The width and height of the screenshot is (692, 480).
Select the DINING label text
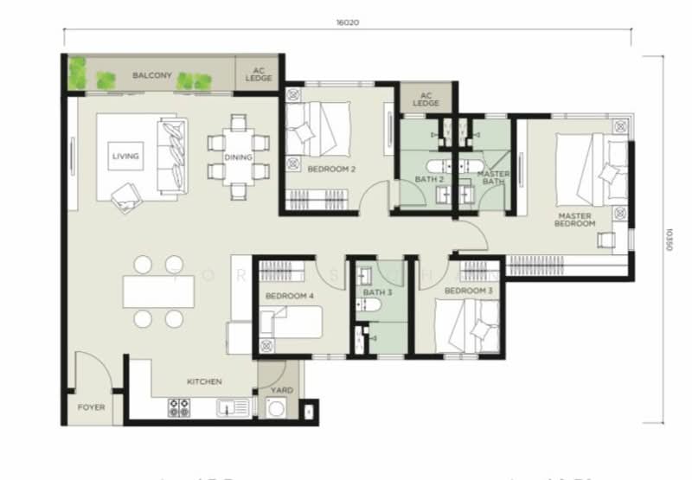tap(238, 157)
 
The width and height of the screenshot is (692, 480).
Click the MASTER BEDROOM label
tap(576, 220)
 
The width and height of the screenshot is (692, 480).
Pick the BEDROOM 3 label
tap(469, 291)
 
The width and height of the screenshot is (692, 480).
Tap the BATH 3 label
tap(377, 292)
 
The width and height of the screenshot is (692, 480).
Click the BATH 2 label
tap(429, 179)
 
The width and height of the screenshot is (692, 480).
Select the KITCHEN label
tap(205, 381)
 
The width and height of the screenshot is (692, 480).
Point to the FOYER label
tap(91, 406)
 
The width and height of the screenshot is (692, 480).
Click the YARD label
tap(282, 390)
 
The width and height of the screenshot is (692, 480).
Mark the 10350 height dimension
tap(669, 241)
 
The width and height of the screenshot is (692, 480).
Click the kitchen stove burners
tap(179, 406)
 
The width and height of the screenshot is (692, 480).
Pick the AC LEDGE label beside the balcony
tap(261, 74)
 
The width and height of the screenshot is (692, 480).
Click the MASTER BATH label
tap(494, 177)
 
